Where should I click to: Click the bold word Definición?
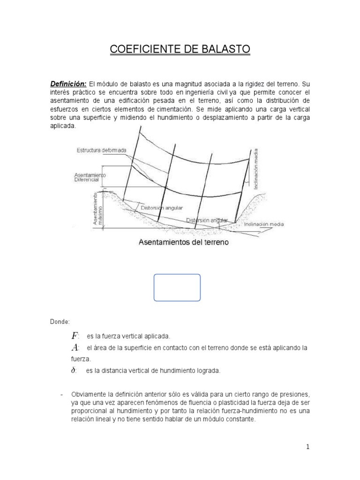point(68,83)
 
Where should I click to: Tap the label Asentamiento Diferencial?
point(90,177)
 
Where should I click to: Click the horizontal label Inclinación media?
point(263,224)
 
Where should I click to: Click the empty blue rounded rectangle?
point(177,287)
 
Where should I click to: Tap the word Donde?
point(60,322)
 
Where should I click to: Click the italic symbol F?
point(75,336)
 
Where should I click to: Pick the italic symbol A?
point(75,348)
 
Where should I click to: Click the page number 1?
point(307,447)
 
